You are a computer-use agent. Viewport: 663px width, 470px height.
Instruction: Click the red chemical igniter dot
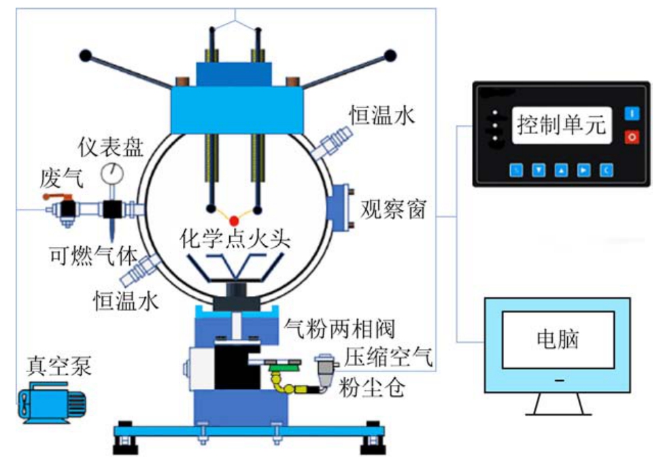234,220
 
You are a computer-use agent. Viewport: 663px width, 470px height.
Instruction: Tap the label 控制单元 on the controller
561,125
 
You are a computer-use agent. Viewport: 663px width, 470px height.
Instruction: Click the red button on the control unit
632,137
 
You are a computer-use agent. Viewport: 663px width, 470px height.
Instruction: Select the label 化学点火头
235,239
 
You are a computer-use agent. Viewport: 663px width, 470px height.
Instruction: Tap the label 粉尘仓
376,387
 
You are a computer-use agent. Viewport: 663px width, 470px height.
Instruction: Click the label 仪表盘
109,147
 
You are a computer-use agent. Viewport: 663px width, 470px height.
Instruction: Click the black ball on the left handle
86,54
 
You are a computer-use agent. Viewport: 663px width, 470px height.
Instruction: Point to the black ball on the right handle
390,54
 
